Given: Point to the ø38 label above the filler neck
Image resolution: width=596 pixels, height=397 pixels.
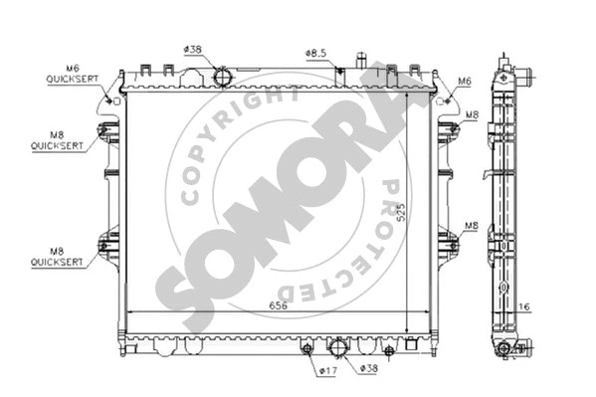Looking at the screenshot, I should click(193, 49).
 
